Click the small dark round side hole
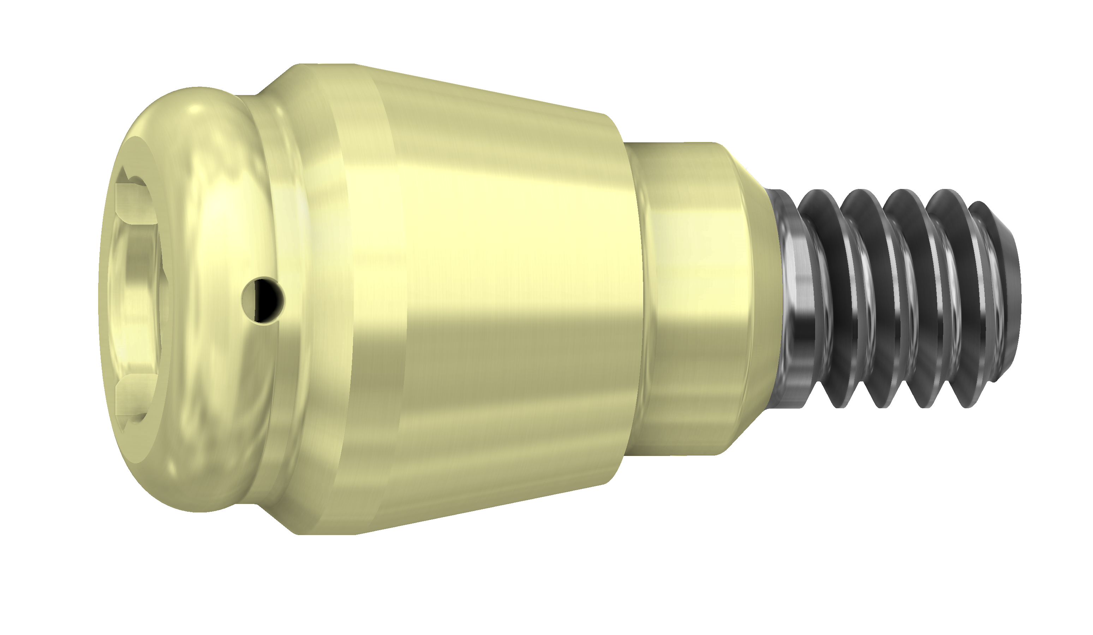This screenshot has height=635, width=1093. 263,300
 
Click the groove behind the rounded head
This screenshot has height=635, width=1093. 256,174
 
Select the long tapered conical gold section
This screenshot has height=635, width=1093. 499,299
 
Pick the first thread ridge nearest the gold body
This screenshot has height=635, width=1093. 824,299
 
